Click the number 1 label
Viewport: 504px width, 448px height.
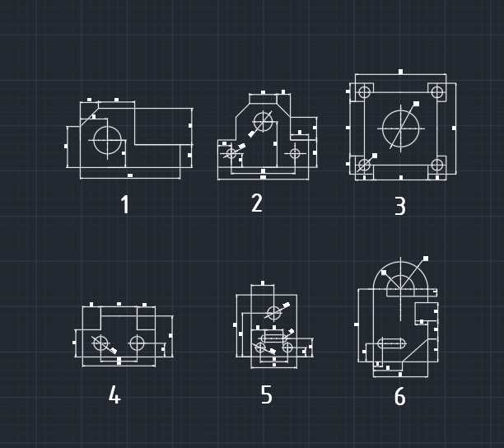[x=124, y=204]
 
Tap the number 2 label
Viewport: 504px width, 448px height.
[x=257, y=203]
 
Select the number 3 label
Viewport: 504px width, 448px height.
[x=400, y=206]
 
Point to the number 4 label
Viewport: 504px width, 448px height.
[x=114, y=394]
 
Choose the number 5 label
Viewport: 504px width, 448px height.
[x=267, y=394]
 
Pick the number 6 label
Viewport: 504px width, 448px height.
[x=400, y=396]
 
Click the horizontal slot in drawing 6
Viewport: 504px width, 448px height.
[x=391, y=338]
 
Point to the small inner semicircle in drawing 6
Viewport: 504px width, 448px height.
[x=400, y=275]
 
